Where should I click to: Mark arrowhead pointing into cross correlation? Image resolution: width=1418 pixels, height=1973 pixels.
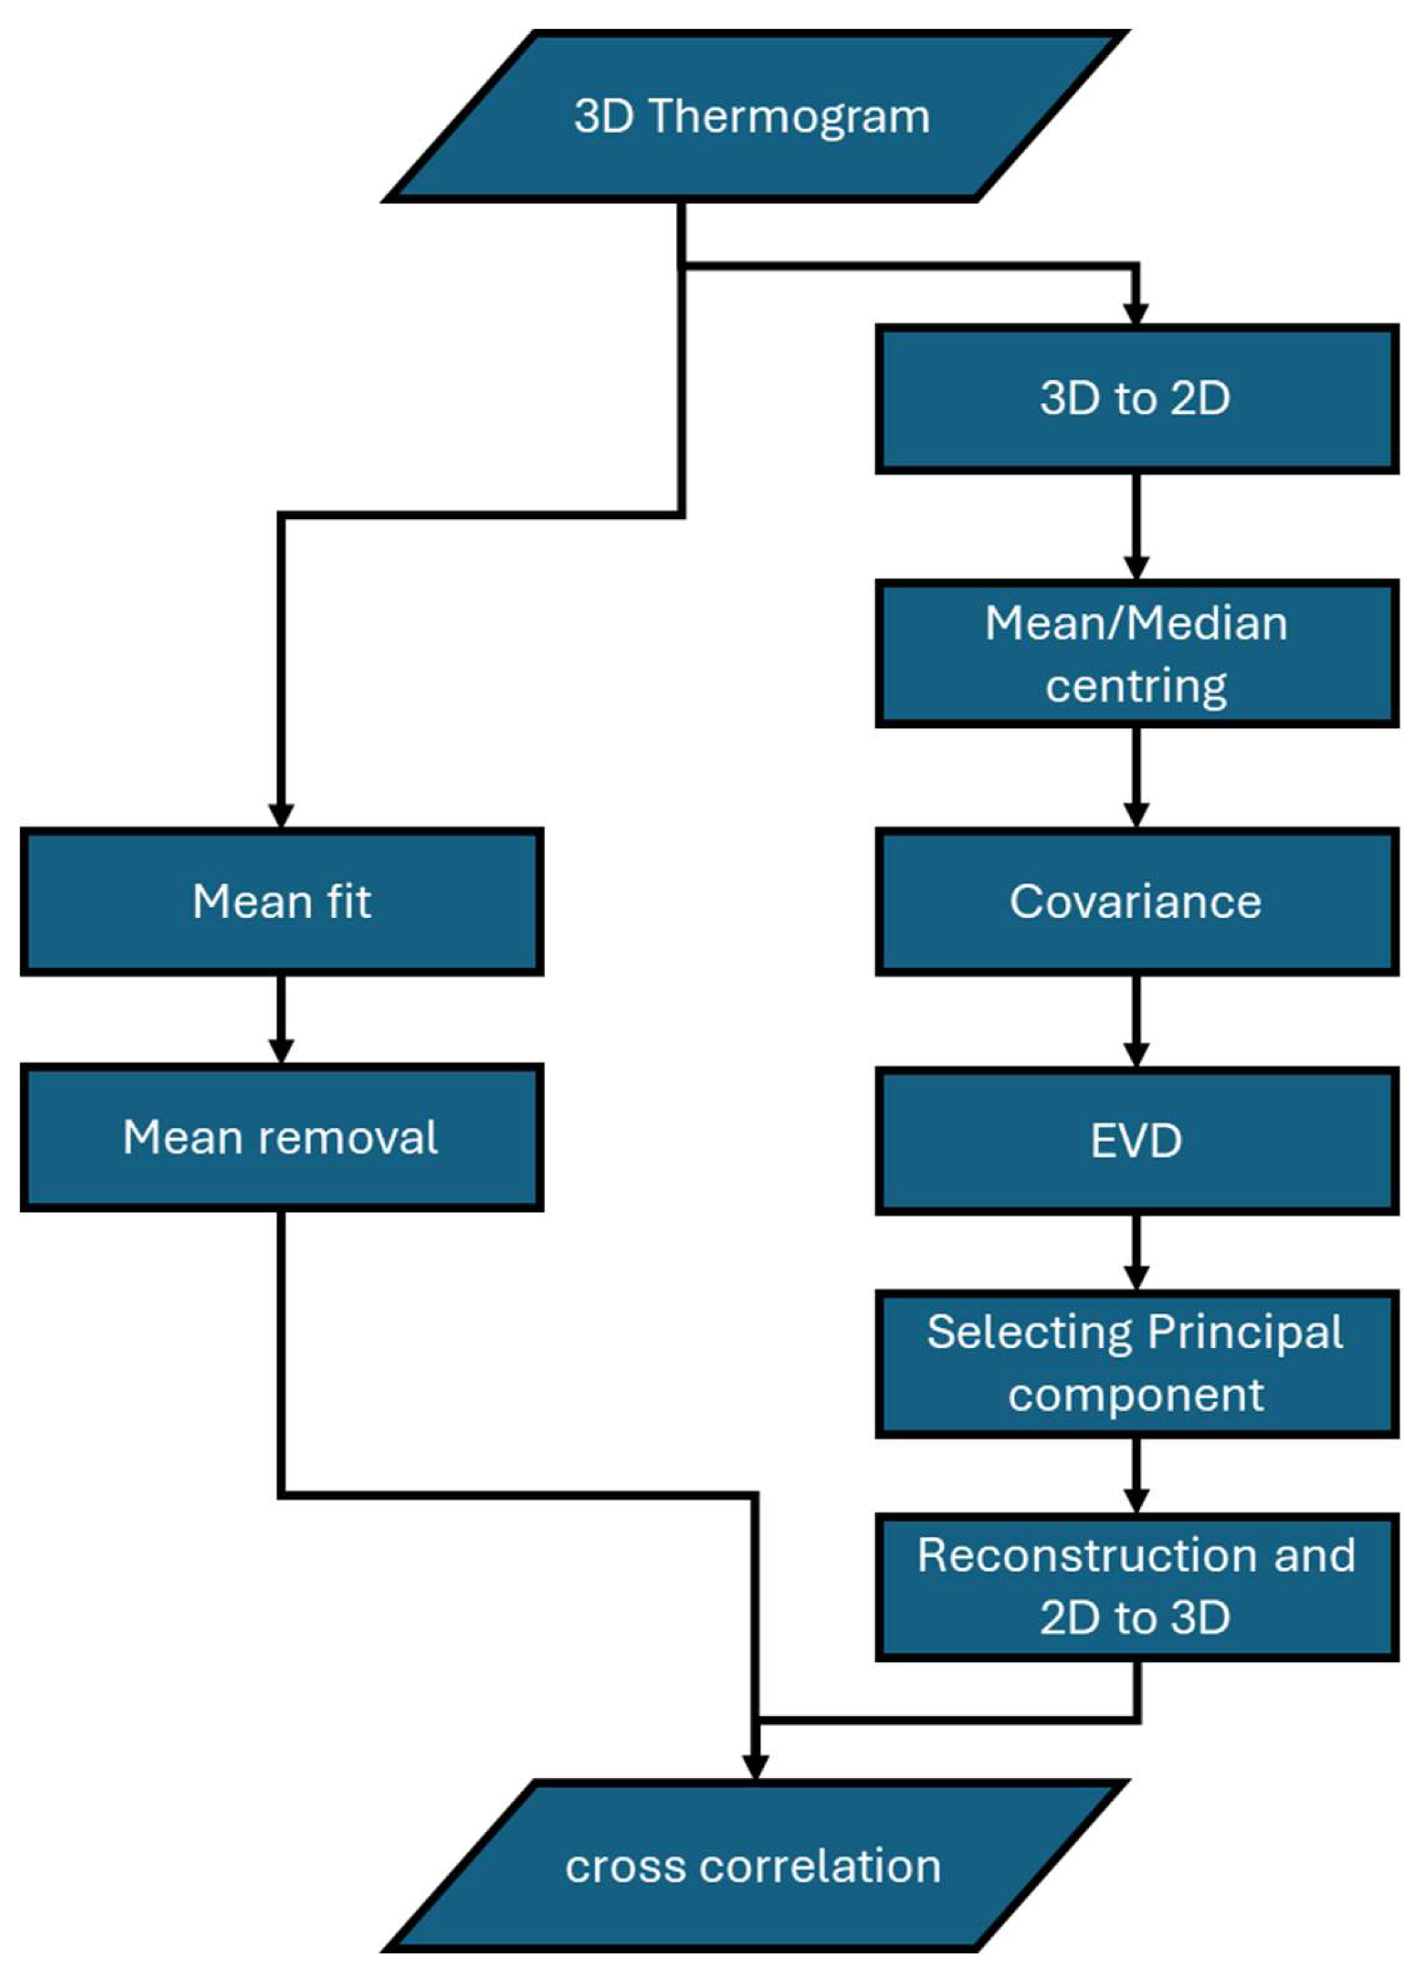pos(755,1766)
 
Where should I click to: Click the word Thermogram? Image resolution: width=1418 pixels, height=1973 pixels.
pos(790,116)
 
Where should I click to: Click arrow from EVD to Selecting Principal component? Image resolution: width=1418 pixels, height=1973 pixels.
pos(1136,1252)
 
